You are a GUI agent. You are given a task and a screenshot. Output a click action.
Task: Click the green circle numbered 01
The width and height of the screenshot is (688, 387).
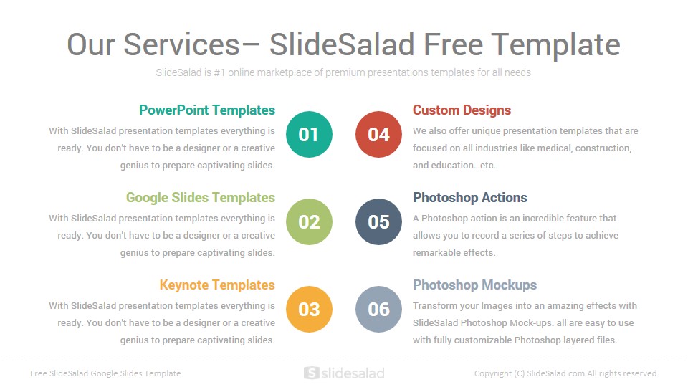click(x=309, y=134)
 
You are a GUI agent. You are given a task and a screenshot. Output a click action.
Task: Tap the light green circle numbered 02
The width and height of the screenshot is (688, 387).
click(x=309, y=221)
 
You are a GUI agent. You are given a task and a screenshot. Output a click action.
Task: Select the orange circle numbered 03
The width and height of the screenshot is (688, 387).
click(x=309, y=310)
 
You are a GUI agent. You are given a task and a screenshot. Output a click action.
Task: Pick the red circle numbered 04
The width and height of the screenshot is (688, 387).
click(x=378, y=134)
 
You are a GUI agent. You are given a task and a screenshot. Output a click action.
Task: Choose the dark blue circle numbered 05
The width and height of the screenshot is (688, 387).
click(x=378, y=221)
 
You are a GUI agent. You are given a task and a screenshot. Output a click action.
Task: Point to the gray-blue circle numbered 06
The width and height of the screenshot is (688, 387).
click(x=378, y=310)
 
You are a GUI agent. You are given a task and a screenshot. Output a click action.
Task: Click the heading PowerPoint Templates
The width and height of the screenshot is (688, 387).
click(x=207, y=110)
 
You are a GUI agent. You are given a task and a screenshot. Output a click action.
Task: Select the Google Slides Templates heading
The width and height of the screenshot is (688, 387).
click(x=201, y=198)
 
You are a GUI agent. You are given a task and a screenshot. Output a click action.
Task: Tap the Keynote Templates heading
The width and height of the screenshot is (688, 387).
click(x=217, y=285)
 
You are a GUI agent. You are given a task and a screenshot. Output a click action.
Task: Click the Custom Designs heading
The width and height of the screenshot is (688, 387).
click(x=462, y=110)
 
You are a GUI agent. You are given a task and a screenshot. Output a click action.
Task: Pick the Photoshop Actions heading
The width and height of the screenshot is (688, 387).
click(x=470, y=198)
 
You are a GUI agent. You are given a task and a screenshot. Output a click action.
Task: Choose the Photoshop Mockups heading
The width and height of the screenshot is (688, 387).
click(x=474, y=285)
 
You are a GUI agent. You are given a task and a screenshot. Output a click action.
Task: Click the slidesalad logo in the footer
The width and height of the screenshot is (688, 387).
click(x=345, y=373)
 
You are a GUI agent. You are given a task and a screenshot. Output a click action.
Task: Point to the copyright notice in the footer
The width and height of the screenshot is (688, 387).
click(x=566, y=373)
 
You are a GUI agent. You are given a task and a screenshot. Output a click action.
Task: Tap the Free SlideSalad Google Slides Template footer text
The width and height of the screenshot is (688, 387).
click(x=105, y=373)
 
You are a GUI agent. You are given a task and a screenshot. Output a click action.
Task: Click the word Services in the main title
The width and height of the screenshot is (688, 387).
click(x=181, y=44)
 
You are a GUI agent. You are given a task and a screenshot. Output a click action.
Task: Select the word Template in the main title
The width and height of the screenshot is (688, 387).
click(x=555, y=45)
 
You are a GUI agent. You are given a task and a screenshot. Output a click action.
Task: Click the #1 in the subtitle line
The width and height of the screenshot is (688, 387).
click(x=219, y=72)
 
